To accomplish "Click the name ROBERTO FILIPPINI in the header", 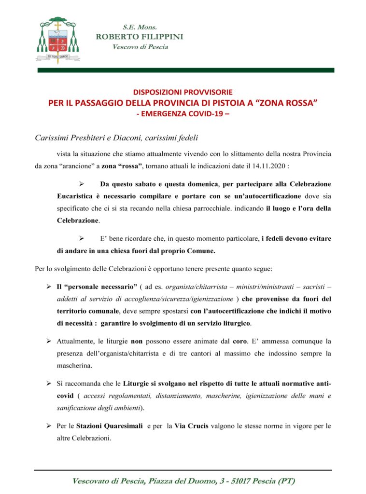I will [140, 37].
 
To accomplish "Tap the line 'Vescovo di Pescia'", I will [140, 47].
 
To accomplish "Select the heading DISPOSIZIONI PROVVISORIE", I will [183, 92].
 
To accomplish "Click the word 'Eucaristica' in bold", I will [76, 196].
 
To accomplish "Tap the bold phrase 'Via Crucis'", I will [191, 426].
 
